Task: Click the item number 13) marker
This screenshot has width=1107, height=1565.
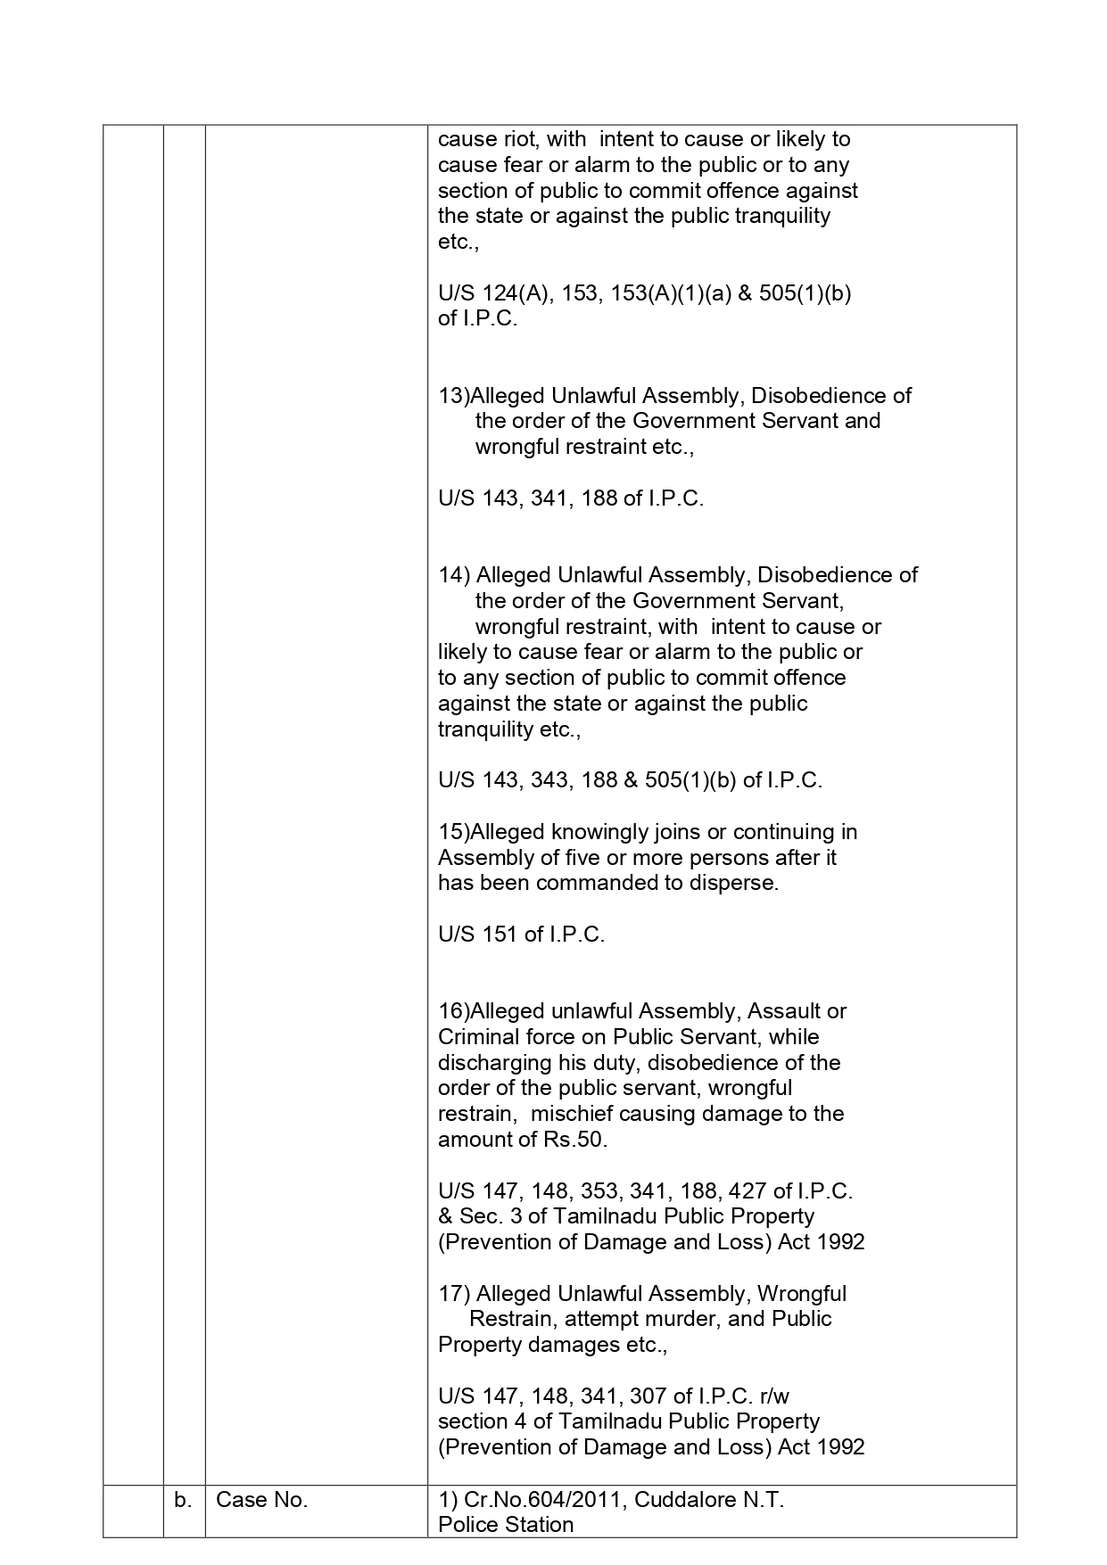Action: (x=453, y=396)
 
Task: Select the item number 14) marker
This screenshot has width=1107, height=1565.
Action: (x=454, y=575)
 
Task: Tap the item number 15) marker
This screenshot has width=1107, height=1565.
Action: (x=453, y=832)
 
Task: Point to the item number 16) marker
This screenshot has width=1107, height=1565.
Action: (x=453, y=1011)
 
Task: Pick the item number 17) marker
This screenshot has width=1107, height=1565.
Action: (x=454, y=1294)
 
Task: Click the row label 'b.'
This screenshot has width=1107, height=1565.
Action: (x=183, y=1500)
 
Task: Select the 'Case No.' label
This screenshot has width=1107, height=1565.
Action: (x=261, y=1500)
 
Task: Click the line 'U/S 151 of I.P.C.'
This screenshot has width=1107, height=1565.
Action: (x=521, y=935)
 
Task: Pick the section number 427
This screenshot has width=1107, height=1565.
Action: (x=748, y=1191)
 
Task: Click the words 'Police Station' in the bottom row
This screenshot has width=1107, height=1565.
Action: (x=505, y=1525)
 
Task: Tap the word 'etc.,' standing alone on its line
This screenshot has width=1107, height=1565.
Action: (x=458, y=243)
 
